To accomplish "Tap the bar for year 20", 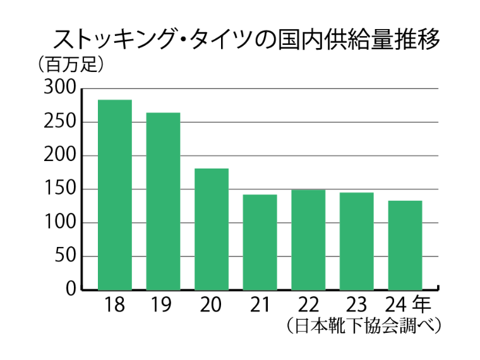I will tap(212, 229).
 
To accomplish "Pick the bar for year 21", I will tap(260, 242).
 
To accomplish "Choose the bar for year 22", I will tap(308, 239).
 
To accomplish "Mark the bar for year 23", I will tap(356, 241).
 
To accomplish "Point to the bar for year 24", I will tap(405, 245).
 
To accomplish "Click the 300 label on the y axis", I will tap(60, 88).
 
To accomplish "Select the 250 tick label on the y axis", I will tap(60, 122).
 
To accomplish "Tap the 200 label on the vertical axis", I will tap(60, 155).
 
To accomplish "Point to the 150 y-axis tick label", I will tap(60, 189).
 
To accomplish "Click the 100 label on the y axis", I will tap(60, 223).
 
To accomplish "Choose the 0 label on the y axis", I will tap(71, 290).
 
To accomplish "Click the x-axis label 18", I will tap(115, 306).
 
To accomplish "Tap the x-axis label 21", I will tap(260, 306).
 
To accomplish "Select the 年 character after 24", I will tap(424, 304).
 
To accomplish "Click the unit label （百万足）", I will tap(70, 64).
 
